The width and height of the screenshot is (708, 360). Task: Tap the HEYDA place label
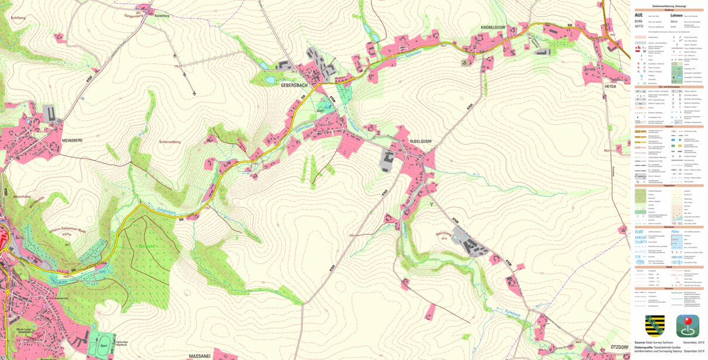(611, 85)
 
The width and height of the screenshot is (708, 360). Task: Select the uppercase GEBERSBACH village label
(294, 85)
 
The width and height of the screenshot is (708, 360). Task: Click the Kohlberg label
(18, 18)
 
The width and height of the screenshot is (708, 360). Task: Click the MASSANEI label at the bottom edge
(200, 355)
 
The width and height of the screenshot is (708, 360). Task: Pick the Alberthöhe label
(22, 197)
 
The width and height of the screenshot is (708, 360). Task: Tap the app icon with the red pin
(688, 325)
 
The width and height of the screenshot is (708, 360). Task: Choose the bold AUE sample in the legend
(639, 15)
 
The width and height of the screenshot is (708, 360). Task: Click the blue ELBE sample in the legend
(639, 232)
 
